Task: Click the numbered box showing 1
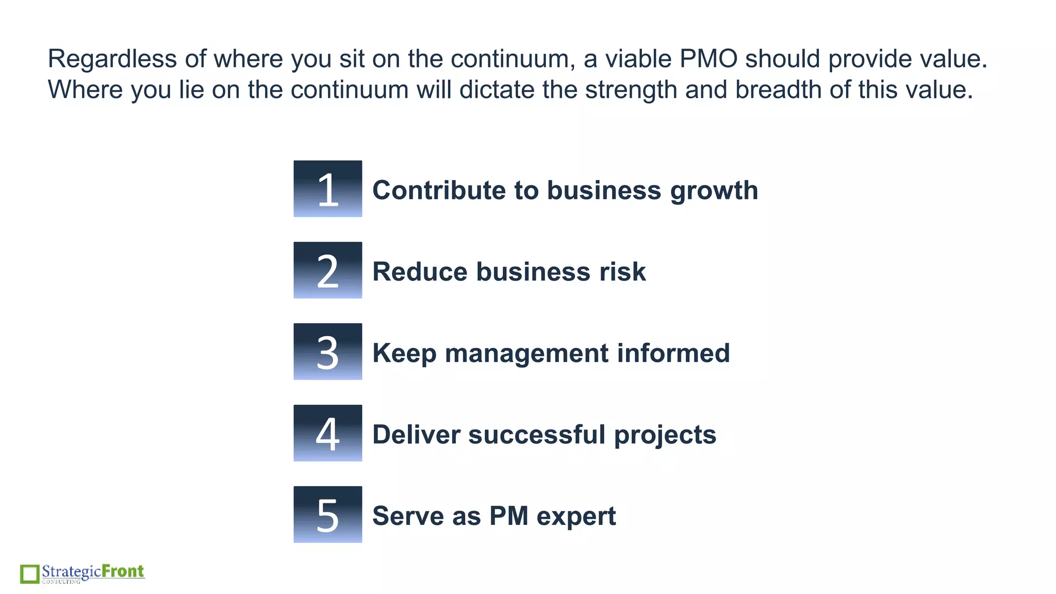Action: point(327,189)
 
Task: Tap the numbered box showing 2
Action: point(327,270)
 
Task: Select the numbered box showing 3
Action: point(327,352)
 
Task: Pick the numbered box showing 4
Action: point(327,433)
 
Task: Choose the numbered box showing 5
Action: point(327,515)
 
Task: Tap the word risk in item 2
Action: point(622,272)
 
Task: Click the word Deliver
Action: point(416,435)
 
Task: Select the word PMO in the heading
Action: point(708,59)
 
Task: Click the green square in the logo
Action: point(29,574)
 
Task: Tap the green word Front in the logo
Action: point(123,571)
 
